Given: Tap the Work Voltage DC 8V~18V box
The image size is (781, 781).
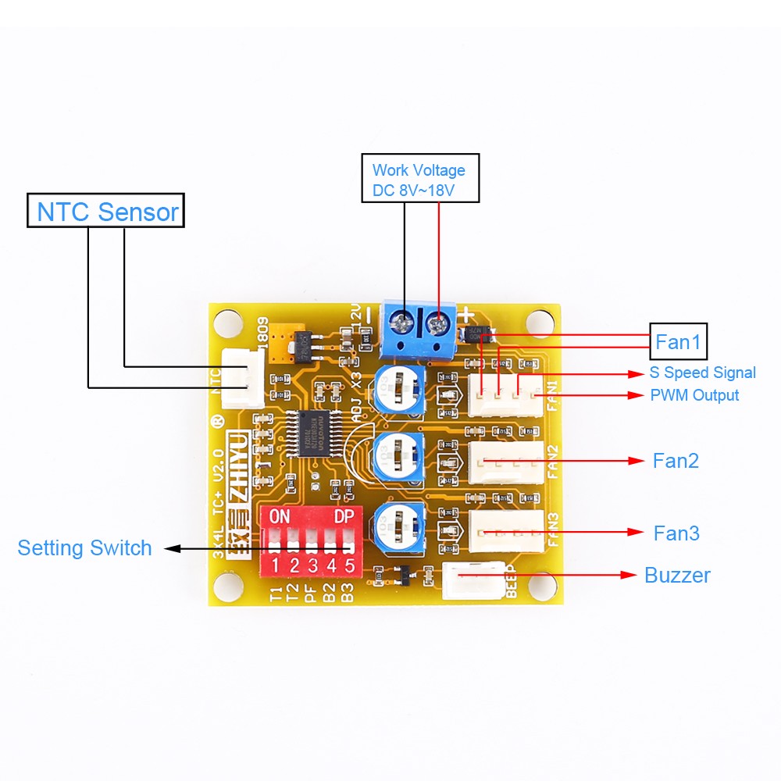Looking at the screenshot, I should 419,179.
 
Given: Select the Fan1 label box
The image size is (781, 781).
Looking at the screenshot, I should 678,341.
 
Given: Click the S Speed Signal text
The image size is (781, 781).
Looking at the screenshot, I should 702,373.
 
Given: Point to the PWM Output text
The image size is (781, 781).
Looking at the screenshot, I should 694,395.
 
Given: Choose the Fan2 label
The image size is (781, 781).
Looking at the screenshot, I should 676,461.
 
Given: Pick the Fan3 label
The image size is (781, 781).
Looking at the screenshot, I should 676,533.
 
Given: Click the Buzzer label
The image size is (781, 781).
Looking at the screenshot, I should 677,576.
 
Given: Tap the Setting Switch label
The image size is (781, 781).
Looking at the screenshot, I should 84,548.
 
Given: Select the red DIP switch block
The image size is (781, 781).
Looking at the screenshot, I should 311,539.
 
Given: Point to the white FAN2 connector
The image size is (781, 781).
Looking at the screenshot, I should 505,462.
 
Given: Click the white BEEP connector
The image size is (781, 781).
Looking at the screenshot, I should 473,580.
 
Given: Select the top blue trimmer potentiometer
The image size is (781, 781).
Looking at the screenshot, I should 399,388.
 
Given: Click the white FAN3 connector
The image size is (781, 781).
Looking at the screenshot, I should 505,532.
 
